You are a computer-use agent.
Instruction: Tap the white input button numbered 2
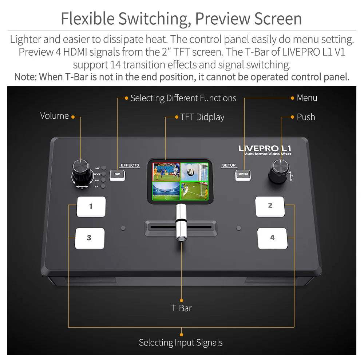click(270, 206)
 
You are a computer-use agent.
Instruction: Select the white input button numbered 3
click(90, 238)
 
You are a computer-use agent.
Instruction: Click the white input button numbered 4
click(272, 238)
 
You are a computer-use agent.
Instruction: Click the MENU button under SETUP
click(243, 174)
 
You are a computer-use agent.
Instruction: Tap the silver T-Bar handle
click(181, 222)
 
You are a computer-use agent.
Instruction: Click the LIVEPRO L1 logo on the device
click(265, 149)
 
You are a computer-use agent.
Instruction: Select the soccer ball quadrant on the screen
click(194, 171)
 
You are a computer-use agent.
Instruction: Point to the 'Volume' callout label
click(55, 116)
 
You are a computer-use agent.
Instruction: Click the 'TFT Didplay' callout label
click(202, 117)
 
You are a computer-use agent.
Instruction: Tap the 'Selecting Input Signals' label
click(181, 343)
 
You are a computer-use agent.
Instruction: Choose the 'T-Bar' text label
click(181, 308)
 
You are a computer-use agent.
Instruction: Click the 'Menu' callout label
click(307, 98)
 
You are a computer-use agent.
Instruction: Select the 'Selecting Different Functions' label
click(183, 98)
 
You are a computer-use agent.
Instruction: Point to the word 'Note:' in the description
click(25, 77)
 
